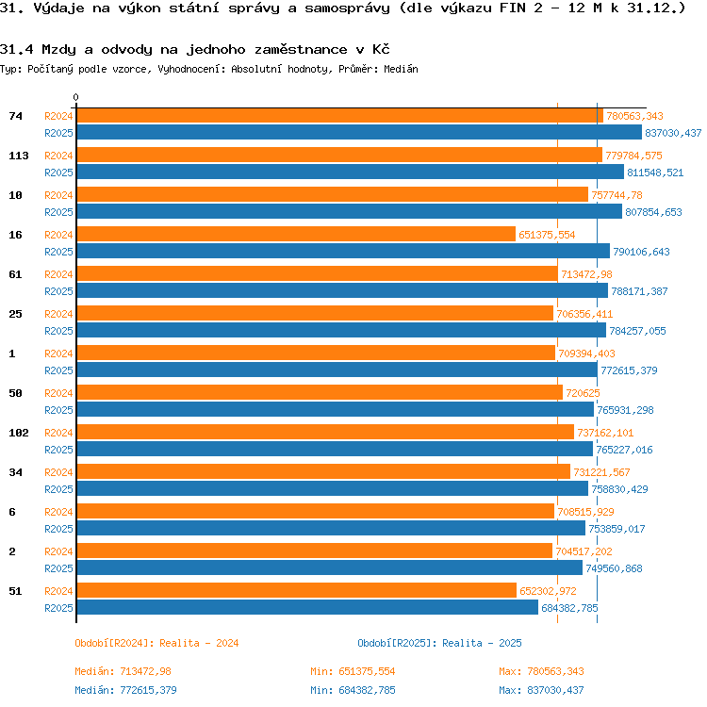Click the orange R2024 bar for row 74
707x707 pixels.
pos(340,116)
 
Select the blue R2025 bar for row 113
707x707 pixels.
pos(351,173)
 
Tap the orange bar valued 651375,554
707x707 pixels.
pos(296,235)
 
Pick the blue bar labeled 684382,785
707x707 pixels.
pos(307,608)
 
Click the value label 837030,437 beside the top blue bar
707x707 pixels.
pos(673,133)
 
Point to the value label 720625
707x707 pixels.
pos(583,393)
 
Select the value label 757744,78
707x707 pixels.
pos(617,195)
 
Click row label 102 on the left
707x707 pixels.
pos(19,433)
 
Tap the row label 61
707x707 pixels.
pos(15,274)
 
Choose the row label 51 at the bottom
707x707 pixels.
pos(15,591)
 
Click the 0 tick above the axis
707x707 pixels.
pos(75,97)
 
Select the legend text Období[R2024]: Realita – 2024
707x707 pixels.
pos(156,643)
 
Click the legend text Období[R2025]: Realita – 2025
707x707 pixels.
pos(439,643)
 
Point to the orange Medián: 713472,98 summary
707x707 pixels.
pos(123,671)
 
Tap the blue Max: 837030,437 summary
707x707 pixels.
pos(541,690)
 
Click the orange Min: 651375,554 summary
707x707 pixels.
pos(353,671)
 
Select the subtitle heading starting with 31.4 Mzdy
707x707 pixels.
pos(195,49)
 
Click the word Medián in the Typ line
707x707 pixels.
pos(401,69)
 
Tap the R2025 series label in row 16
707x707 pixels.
pos(58,252)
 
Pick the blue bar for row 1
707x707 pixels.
pos(337,370)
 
